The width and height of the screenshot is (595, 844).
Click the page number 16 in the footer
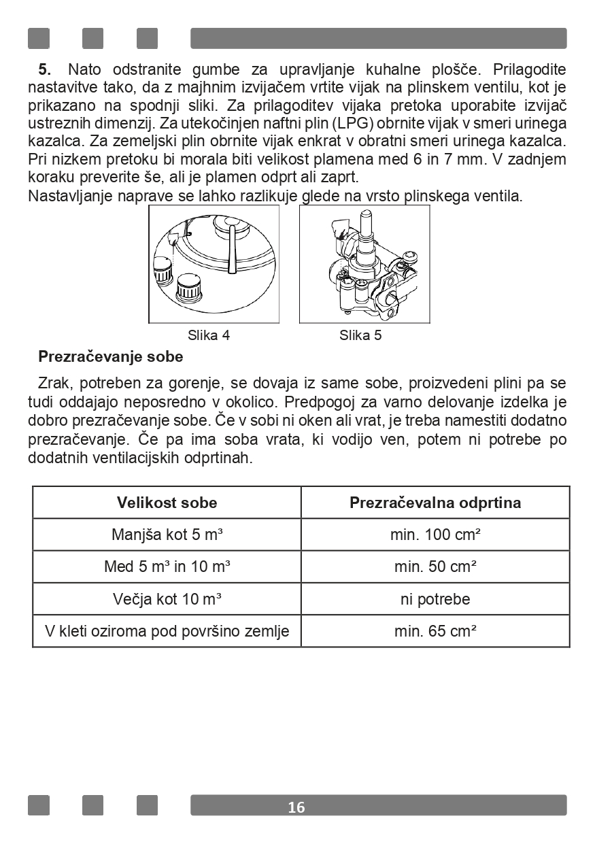[x=296, y=807]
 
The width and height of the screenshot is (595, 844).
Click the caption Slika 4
[x=209, y=335]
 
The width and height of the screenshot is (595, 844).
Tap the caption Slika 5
[x=360, y=335]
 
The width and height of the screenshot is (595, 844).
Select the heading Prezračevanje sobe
[x=111, y=356]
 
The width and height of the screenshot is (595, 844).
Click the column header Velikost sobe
[x=167, y=503]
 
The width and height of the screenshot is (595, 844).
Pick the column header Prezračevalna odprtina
[x=435, y=503]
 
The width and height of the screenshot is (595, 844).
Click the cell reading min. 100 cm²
[x=435, y=535]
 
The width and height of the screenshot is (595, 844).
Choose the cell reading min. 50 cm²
[x=435, y=567]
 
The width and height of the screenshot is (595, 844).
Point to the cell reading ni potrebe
[x=435, y=599]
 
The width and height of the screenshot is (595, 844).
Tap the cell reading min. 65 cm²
[x=435, y=631]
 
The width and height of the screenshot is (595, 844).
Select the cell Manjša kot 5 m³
[x=167, y=535]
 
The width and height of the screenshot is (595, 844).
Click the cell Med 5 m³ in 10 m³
[x=167, y=567]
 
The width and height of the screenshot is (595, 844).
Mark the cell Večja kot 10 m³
[x=167, y=599]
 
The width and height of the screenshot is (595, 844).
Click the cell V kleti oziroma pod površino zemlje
[x=167, y=631]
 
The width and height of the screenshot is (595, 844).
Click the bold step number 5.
[x=45, y=69]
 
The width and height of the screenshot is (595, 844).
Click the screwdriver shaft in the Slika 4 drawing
[x=233, y=248]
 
